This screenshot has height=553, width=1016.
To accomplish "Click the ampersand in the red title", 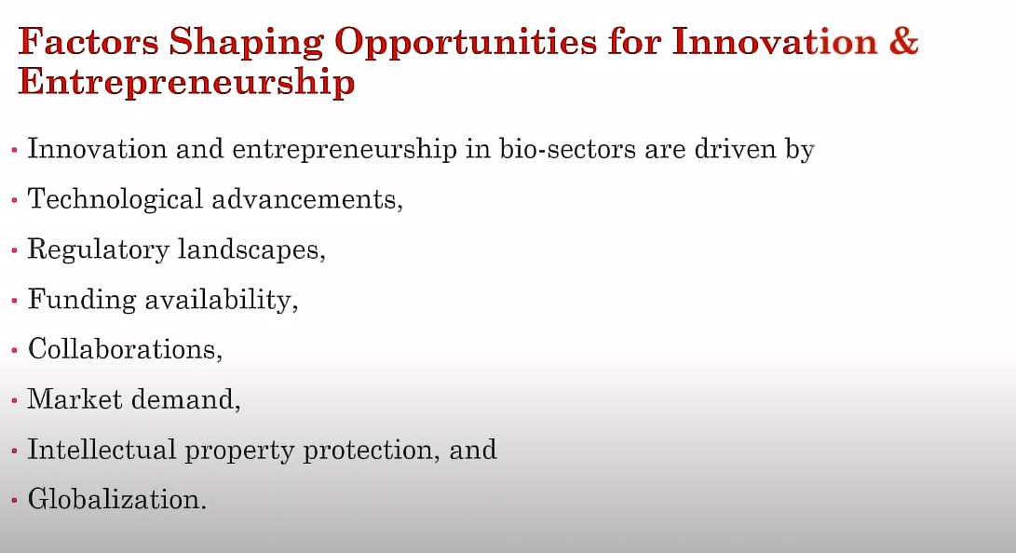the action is (903, 42).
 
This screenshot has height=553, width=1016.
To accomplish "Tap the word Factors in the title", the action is (88, 42).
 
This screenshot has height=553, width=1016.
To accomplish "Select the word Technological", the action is (115, 199).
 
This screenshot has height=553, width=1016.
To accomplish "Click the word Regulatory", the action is (98, 250).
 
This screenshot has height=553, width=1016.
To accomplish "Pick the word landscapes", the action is (249, 250).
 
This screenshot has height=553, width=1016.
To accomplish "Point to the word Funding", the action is (82, 300).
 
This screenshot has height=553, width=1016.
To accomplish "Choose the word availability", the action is (218, 300).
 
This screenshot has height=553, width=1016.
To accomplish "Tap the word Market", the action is (75, 399).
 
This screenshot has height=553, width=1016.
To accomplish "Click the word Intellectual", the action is (102, 450).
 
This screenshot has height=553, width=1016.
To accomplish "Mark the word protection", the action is (368, 451).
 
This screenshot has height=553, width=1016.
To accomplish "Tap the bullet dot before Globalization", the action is (14, 501).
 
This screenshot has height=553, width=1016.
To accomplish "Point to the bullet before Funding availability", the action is (14, 301).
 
